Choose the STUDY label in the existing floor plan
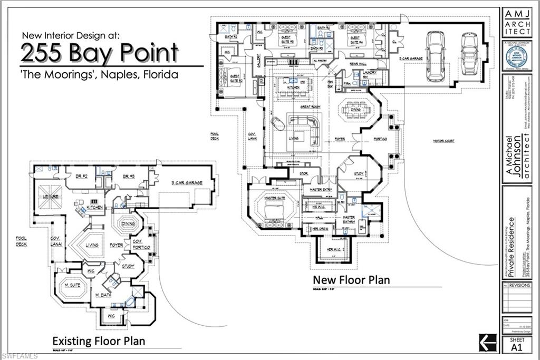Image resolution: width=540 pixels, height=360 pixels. pos(127,266)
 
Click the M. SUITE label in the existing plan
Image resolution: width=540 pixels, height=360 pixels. pos(72,285)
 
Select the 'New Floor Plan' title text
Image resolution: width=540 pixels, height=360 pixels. pos(351,279)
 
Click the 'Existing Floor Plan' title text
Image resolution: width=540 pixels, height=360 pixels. pos(98,341)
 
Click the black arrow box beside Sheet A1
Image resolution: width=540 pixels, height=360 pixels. pos(487,342)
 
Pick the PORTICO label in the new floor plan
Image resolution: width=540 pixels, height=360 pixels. pos(380,139)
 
